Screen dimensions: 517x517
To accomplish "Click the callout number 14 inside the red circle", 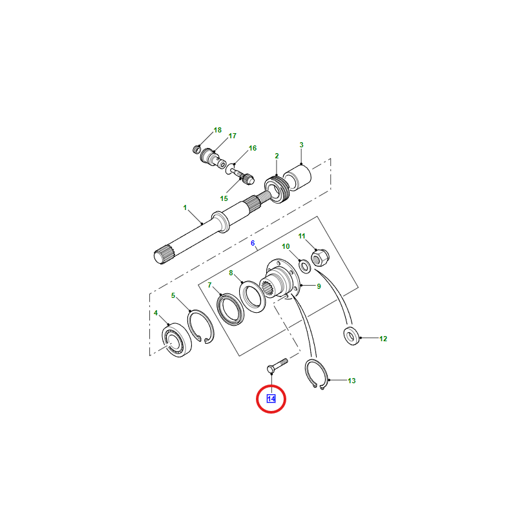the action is click(x=271, y=399).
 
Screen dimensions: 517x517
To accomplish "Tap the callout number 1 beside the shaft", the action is click(x=185, y=207).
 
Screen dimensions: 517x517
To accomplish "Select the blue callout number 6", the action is click(x=253, y=244).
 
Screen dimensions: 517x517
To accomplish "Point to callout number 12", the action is click(x=383, y=339).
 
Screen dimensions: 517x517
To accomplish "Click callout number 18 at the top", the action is click(x=218, y=131).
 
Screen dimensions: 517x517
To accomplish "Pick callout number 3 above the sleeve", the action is click(x=301, y=145).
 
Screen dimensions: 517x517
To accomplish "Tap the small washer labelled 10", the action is click(x=304, y=266).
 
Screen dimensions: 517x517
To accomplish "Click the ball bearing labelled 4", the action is click(x=176, y=340).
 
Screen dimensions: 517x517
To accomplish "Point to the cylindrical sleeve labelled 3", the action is click(x=297, y=178).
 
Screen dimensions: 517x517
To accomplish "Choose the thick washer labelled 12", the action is click(x=352, y=336).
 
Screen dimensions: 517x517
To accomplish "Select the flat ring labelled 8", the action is click(x=252, y=297).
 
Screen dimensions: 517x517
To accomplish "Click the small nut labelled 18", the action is click(x=197, y=149).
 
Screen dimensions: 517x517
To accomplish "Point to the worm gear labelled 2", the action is click(x=277, y=190).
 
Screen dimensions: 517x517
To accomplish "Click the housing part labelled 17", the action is click(x=213, y=158).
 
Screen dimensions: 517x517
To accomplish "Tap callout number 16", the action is click(x=253, y=149).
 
